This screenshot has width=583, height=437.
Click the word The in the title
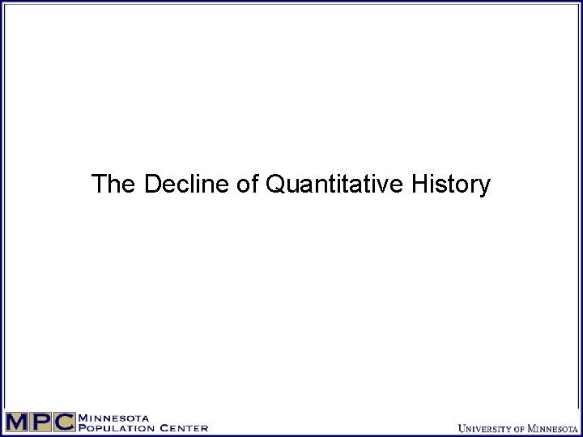(x=114, y=185)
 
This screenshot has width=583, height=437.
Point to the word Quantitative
(x=334, y=185)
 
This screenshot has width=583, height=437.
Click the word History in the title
(x=450, y=185)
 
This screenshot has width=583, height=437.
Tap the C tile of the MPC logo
(x=65, y=422)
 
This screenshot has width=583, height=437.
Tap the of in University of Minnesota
(x=520, y=429)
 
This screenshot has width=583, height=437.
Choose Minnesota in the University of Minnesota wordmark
(x=553, y=428)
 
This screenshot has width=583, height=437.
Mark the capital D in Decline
(x=152, y=185)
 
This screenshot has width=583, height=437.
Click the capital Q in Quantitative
(x=274, y=185)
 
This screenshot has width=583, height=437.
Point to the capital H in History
(x=419, y=185)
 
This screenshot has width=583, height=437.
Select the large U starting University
(x=462, y=428)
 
